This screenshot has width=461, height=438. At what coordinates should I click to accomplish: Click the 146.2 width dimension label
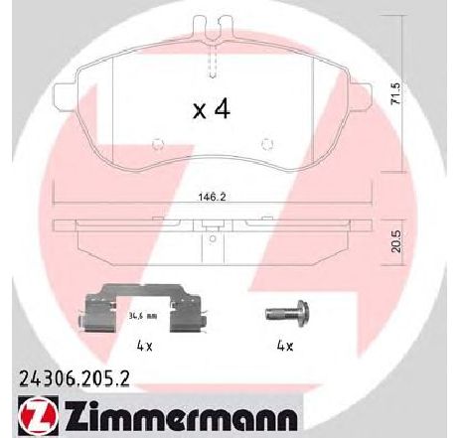(x=212, y=198)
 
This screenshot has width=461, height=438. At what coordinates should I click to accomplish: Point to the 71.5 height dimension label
(x=396, y=94)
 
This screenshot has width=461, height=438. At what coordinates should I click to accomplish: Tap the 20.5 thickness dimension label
(x=396, y=241)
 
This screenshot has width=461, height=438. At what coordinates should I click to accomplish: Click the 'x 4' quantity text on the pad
(x=212, y=109)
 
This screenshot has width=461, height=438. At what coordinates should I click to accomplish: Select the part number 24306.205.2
(x=75, y=378)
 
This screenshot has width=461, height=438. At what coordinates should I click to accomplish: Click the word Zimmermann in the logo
(x=181, y=419)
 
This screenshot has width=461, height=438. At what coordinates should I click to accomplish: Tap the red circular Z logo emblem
(x=37, y=416)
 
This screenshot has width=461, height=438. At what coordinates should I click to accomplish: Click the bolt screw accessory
(x=287, y=313)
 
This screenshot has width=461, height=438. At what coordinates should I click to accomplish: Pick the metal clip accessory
(x=142, y=308)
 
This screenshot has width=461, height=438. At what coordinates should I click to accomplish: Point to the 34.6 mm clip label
(x=142, y=316)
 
